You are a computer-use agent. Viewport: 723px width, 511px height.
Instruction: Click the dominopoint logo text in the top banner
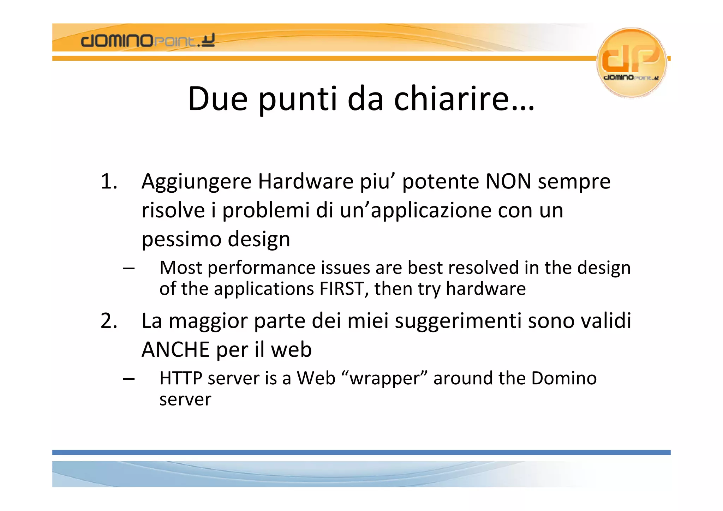pos(147,41)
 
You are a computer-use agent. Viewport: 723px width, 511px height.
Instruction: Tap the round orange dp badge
pos(631,62)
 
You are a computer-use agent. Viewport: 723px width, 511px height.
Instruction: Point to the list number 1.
pos(108,182)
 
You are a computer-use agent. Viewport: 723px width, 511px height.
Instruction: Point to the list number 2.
pos(108,321)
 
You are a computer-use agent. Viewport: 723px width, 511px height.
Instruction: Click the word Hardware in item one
pos(305,182)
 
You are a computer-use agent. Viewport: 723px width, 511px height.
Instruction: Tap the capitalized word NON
pos(508,182)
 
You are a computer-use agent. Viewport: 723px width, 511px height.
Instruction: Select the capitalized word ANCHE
pos(175,350)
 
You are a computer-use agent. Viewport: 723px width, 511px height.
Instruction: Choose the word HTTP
pos(180,378)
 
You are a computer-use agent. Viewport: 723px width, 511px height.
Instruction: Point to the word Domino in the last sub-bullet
pos(564,378)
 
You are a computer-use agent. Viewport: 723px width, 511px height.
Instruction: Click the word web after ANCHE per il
pos(291,350)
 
